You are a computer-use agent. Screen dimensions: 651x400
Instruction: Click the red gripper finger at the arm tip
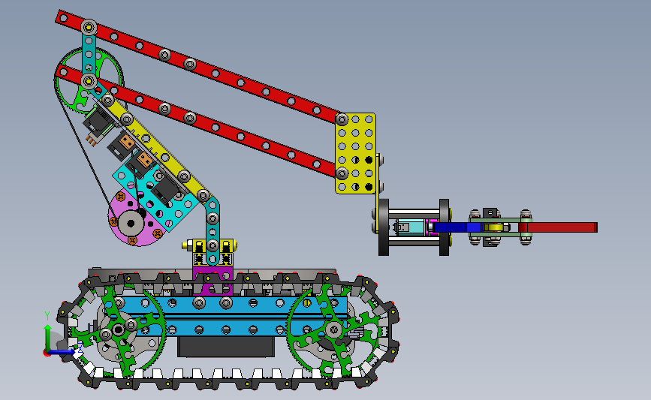pos(558,227)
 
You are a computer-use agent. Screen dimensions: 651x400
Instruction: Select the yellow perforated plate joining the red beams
pos(355,153)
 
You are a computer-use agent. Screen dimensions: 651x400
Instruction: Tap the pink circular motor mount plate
pos(134,220)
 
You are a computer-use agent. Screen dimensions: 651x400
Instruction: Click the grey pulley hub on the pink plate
pos(131,224)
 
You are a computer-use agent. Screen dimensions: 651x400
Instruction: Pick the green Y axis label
pos(47,316)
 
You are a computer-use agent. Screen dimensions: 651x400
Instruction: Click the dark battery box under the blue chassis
pos(226,347)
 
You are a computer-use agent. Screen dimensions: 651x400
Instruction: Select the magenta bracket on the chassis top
pos(212,281)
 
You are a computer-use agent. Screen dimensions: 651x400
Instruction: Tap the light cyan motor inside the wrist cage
pos(408,227)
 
